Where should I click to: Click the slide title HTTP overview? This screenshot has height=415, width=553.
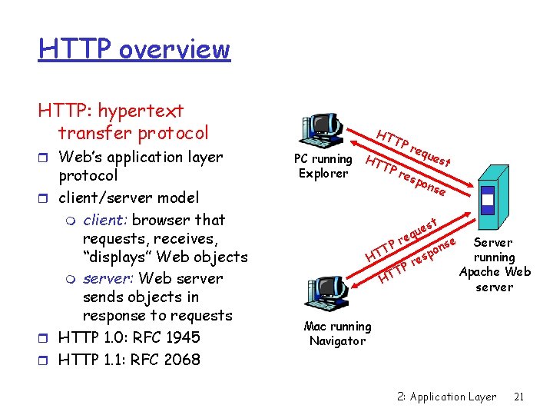click(134, 49)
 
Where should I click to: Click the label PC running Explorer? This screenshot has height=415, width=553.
click(323, 166)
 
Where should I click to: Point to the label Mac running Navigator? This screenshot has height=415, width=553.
click(337, 334)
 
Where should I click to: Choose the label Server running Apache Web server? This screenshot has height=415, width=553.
click(494, 264)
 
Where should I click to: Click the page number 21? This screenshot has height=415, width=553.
click(518, 397)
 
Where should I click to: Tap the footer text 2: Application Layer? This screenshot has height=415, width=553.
click(447, 397)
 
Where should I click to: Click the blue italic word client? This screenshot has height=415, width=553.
click(104, 220)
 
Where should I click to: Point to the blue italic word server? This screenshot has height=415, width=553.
click(108, 278)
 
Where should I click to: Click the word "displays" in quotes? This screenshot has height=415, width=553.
click(119, 257)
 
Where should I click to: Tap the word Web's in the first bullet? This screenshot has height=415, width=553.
click(82, 157)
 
